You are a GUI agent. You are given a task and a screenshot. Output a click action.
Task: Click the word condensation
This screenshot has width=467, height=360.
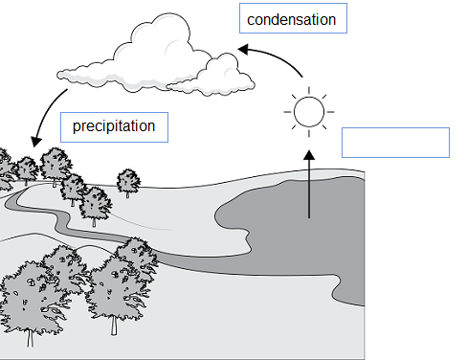[291, 19]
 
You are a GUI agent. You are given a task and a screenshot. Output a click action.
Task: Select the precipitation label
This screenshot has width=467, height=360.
[114, 127]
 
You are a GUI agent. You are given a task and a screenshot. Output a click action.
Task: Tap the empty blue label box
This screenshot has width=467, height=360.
[395, 143]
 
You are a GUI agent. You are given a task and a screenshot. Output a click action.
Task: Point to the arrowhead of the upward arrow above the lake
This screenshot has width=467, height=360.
[309, 155]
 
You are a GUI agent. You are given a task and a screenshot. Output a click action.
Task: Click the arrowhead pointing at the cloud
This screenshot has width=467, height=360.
[243, 49]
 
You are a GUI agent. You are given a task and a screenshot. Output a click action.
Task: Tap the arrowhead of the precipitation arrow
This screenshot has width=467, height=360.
[36, 142]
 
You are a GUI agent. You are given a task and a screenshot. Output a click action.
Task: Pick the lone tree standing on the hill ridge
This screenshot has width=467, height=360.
[128, 182]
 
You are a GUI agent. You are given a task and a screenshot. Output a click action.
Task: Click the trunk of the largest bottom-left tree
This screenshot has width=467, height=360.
[30, 338]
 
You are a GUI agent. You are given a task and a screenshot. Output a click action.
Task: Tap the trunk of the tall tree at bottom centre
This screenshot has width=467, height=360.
[114, 326]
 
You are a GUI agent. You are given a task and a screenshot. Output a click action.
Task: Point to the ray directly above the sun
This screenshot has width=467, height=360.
[309, 90]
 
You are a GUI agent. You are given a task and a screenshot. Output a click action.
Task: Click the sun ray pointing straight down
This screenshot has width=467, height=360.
[309, 133]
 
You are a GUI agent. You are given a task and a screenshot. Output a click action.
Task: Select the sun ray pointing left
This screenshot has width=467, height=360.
[287, 112]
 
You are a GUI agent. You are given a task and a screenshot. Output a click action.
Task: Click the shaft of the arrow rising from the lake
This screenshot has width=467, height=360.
[309, 189]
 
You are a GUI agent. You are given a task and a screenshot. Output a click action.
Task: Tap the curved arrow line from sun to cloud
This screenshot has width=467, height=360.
[278, 57]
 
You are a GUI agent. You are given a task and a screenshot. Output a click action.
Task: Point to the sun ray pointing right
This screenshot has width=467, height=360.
[330, 112]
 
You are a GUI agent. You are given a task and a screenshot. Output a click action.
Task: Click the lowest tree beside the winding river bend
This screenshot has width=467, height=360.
[95, 206]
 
